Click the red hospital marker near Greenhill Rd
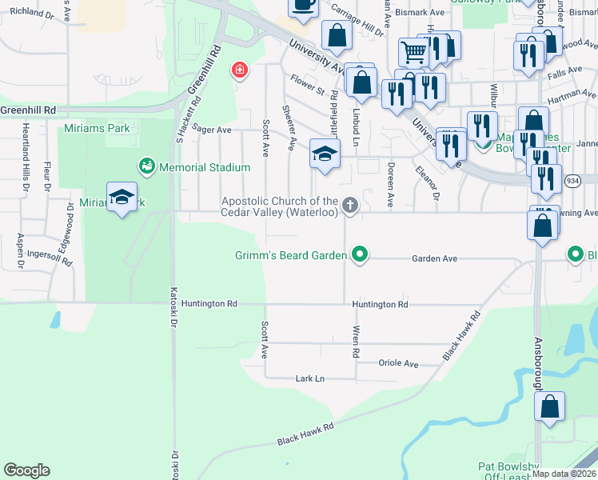pos(238,70)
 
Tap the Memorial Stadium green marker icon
pos(147,166)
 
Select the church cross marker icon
pos(349,206)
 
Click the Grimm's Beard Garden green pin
pos(360,255)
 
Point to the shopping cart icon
pos(413,52)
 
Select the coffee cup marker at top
pos(303,5)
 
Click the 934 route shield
pos(550,182)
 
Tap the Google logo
pos(26,470)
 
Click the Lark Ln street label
pos(310,378)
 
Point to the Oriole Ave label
pos(398,363)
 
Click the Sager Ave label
pos(212,130)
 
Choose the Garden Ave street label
pos(434,259)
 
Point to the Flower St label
pos(307,82)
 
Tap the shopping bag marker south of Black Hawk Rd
pos(550,406)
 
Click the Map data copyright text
pos(564,474)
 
